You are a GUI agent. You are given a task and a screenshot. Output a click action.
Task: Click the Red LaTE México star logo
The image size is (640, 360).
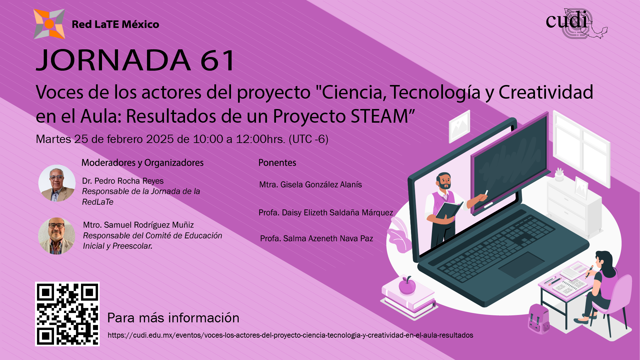coord(49,24)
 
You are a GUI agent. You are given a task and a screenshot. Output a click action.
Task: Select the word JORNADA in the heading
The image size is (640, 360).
coord(113,60)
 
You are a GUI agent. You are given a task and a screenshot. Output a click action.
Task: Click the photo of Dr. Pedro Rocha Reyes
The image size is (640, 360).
coord(57,183)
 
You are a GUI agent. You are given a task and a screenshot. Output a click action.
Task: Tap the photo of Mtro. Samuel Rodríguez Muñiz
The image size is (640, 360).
coord(57,236)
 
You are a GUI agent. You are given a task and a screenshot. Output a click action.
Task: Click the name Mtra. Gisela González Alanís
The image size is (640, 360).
coord(310,185)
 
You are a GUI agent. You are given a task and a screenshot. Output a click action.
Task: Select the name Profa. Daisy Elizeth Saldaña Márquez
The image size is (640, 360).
coord(326,213)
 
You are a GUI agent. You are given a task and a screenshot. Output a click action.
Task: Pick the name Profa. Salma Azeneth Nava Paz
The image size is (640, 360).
coord(316,239)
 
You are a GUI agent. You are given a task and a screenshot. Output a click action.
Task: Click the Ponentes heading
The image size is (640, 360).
coord(277,163)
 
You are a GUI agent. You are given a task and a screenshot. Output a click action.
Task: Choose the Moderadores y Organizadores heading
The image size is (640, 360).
coord(142,163)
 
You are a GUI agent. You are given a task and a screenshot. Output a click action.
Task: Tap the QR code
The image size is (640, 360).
coord(67,314)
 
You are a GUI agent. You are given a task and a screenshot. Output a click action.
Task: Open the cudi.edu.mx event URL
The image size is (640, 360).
coord(290,335)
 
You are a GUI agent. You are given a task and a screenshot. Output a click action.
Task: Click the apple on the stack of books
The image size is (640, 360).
coord(407,286)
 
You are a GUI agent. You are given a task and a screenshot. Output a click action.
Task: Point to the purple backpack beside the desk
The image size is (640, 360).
coord(539,319)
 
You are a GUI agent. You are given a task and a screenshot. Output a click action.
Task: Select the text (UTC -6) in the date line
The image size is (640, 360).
coord(308,139)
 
